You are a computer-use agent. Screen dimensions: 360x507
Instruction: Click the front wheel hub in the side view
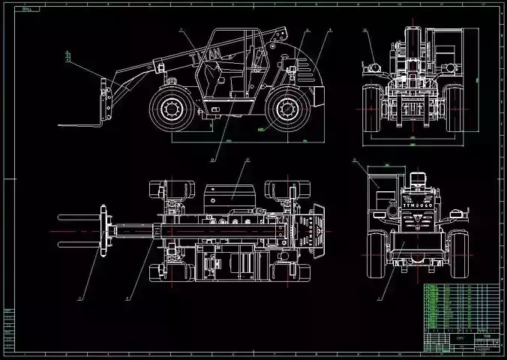[171, 109]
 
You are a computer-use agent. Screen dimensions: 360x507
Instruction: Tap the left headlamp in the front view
[369, 68]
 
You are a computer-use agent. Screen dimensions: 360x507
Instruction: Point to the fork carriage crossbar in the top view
[101, 231]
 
